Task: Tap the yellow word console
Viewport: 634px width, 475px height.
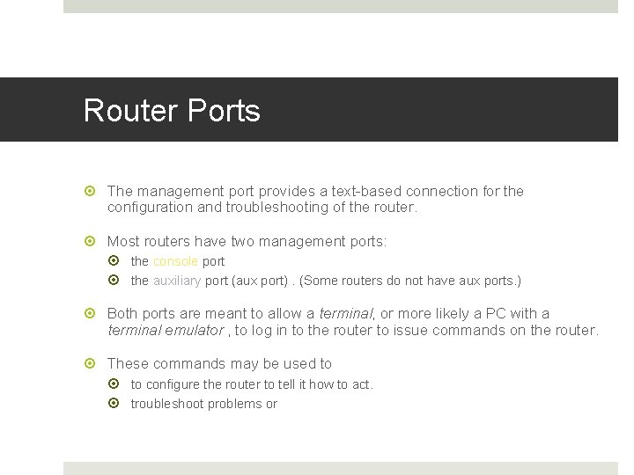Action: pyautogui.click(x=175, y=261)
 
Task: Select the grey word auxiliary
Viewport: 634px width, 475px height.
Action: pyautogui.click(x=176, y=281)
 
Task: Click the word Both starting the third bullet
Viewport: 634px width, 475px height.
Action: pyautogui.click(x=124, y=314)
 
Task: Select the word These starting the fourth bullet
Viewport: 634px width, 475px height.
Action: pyautogui.click(x=128, y=363)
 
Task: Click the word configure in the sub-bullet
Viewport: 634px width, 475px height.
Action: pyautogui.click(x=173, y=384)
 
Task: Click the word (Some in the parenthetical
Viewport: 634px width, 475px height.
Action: pyautogui.click(x=316, y=281)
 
